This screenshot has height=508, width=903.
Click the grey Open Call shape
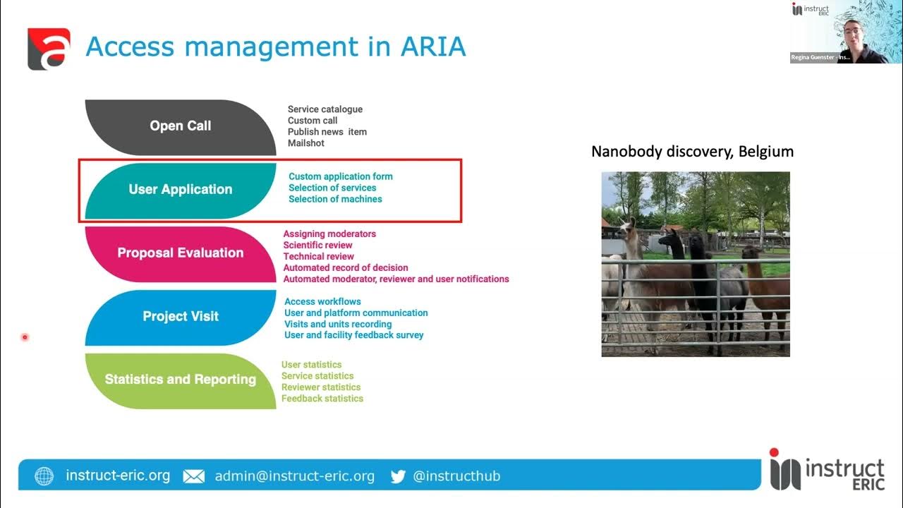[x=180, y=126]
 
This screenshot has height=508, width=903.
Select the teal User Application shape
[x=180, y=190]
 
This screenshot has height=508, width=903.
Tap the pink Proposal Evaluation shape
[x=180, y=253]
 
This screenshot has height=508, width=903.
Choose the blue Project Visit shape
[x=180, y=317]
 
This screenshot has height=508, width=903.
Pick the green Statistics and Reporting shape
[x=180, y=380]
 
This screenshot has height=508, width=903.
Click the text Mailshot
[x=306, y=143]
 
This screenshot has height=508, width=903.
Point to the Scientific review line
[x=317, y=246]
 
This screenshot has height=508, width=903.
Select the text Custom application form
[x=341, y=176]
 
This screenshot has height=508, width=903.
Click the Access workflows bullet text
[x=322, y=302]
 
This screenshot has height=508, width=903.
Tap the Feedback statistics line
[x=322, y=399]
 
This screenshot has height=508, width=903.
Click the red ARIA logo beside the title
[x=49, y=49]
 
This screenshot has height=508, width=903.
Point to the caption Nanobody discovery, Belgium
[x=692, y=152]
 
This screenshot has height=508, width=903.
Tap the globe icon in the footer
[x=44, y=476]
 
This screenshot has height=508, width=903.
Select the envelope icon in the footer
[x=193, y=476]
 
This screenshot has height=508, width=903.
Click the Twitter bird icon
[x=398, y=476]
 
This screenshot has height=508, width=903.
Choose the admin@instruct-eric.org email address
[x=295, y=476]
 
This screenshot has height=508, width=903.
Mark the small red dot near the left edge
[x=25, y=337]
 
